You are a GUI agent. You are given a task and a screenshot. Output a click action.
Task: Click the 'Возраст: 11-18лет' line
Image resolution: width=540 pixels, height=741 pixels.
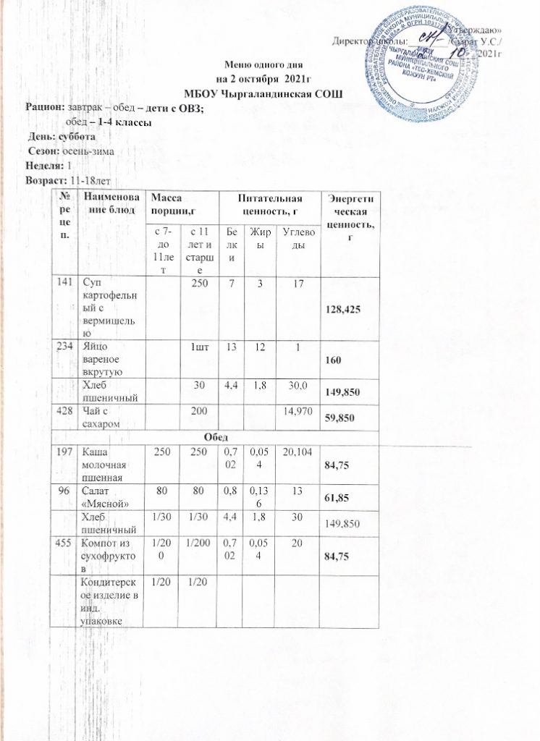[x=66, y=179]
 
